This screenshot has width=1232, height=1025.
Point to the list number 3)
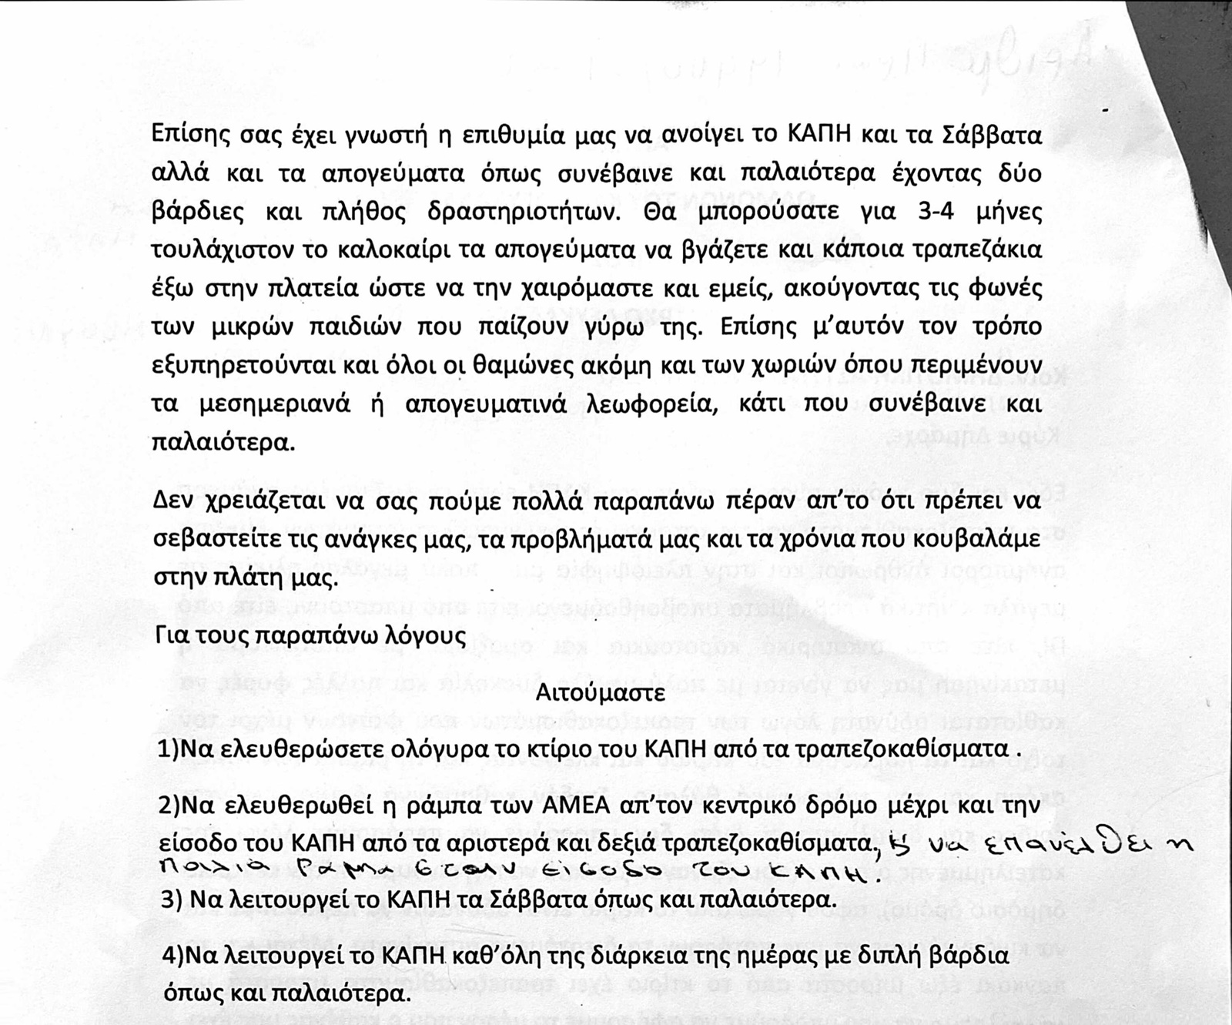[171, 899]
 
